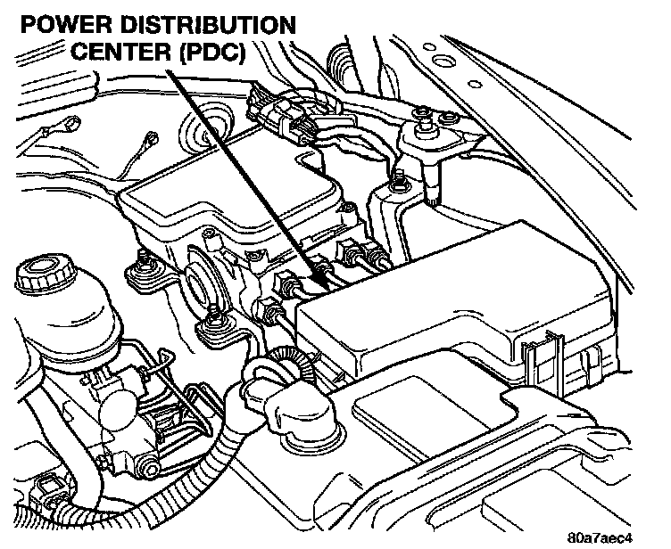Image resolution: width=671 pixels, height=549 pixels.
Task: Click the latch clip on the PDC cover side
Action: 543,356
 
